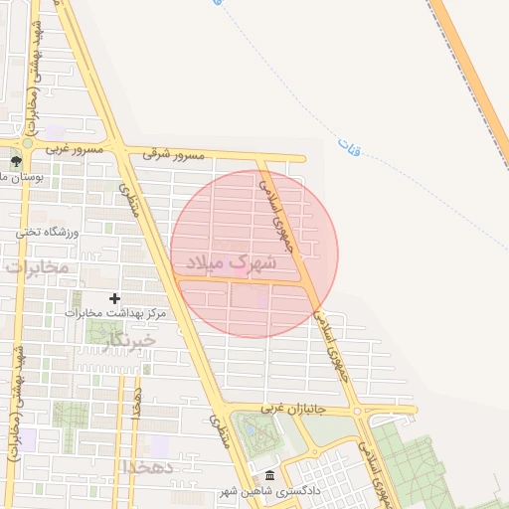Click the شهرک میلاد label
coord(229,263)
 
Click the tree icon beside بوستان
coord(15,161)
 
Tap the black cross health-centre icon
coord(114,297)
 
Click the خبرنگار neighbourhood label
coord(129,340)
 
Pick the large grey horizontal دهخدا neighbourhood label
coord(149,465)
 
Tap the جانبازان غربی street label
coord(293,409)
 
